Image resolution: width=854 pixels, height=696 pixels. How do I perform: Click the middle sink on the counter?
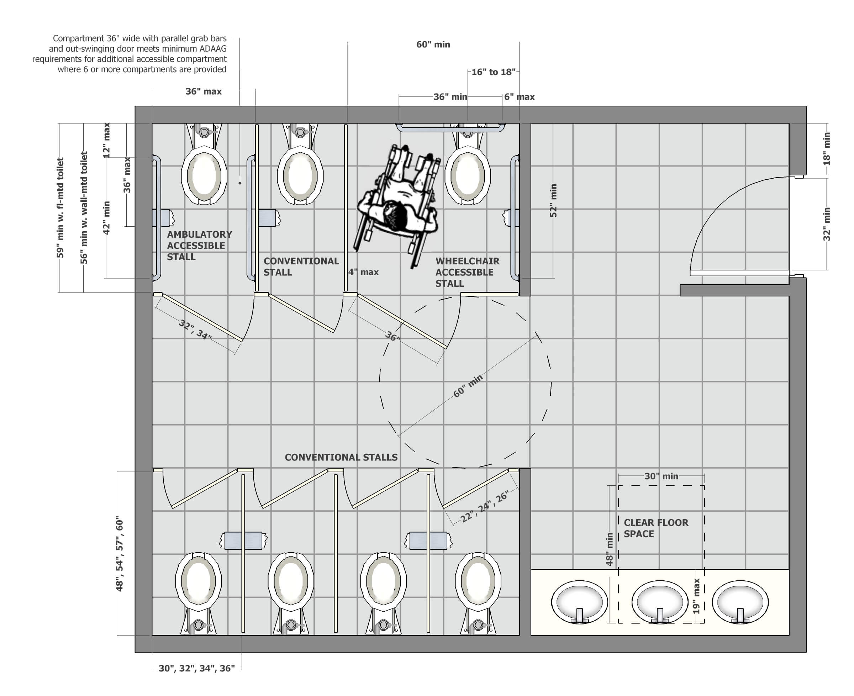pos(660,602)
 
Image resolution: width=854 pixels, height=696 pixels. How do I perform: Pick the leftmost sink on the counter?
pos(579,602)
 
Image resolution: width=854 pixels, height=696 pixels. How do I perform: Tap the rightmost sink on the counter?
pos(740,602)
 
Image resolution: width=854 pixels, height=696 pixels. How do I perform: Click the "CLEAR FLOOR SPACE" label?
pos(655,528)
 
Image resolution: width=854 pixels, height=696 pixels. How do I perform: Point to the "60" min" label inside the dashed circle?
pos(468,386)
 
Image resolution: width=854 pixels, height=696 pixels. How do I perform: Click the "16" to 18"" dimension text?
pos(493,72)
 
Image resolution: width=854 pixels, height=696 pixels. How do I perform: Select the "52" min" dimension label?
pos(553,200)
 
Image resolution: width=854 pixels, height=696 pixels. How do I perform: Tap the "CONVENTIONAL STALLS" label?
pos(341,458)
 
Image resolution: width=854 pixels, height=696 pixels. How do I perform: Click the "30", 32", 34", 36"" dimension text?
pos(196,668)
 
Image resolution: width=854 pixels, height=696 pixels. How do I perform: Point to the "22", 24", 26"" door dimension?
pos(484,506)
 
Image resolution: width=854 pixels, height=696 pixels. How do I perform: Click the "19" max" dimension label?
pos(696,596)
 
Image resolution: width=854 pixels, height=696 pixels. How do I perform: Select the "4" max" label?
pos(363,272)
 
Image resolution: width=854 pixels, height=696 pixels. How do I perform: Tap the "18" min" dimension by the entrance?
pos(826,149)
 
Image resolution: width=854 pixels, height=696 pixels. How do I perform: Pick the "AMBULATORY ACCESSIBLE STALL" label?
pos(199,246)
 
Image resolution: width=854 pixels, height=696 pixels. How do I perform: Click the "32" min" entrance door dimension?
pos(826,224)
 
